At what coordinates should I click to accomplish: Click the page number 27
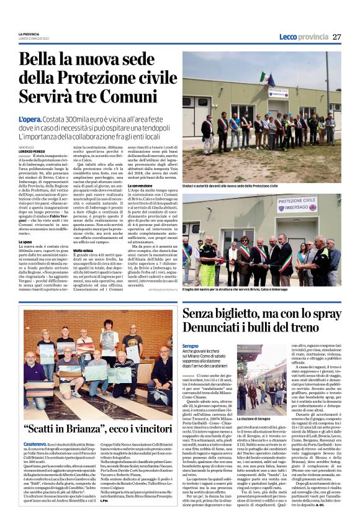coord(337,37)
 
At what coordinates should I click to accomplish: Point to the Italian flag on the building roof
coord(266,79)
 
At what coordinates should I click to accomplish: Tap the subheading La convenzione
coord(140,203)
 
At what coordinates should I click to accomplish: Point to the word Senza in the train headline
coord(202,313)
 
